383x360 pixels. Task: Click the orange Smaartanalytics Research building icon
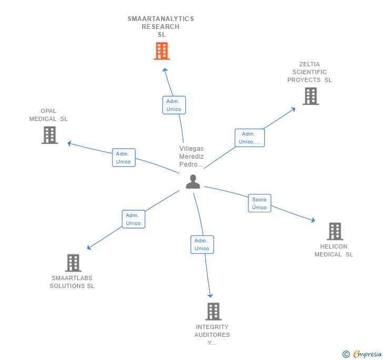[x=162, y=52]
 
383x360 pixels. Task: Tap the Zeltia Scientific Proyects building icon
[x=310, y=96]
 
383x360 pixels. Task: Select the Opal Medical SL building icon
[x=49, y=135]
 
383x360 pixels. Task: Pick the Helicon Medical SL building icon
[x=335, y=231]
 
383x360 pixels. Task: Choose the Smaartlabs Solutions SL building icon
[x=73, y=263]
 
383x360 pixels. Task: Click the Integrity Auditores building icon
[x=213, y=312]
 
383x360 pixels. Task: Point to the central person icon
[x=193, y=182]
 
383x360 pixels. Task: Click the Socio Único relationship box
[x=259, y=203]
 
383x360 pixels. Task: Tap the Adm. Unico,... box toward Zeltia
[x=249, y=138]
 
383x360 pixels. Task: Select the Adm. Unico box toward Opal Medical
[x=124, y=158]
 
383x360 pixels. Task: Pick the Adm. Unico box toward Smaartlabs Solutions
[x=133, y=219]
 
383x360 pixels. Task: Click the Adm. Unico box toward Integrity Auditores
[x=201, y=244]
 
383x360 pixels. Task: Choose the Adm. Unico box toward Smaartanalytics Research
[x=174, y=105]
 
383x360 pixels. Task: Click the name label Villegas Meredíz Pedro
[x=191, y=157]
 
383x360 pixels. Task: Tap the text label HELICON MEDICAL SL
[x=334, y=251]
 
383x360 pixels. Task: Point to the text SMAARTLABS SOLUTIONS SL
[x=72, y=282]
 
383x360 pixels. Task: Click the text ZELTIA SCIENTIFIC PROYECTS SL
[x=309, y=73]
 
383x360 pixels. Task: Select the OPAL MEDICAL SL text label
[x=48, y=115]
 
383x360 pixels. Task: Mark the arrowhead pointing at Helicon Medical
[x=313, y=221]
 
